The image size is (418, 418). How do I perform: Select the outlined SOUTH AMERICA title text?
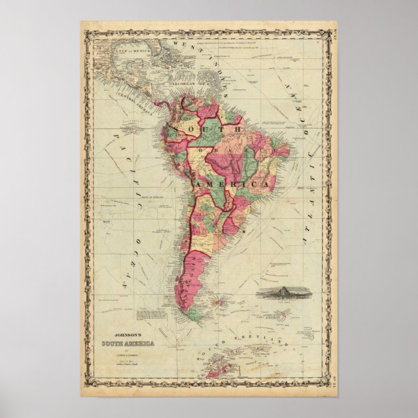pyautogui.click(x=127, y=344)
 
